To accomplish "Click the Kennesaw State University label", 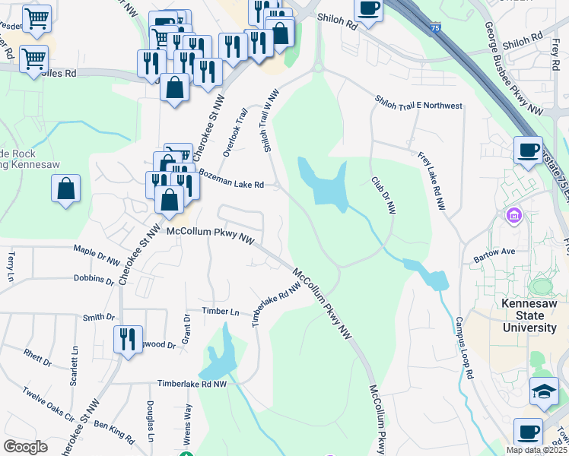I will pos(529,315).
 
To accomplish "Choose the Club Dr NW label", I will pos(383,196).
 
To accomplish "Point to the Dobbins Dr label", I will pos(94,280).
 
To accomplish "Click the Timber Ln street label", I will pos(221,312).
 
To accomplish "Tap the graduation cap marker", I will pos(544,391).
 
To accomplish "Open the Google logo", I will pos(26,447).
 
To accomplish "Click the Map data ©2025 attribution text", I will pos(537,450).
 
